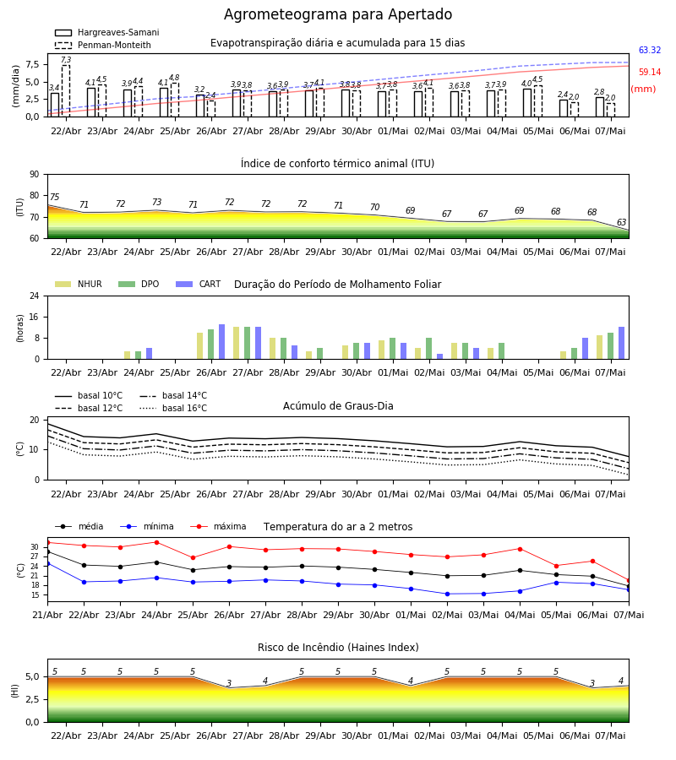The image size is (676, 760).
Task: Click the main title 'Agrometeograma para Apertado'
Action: pos(338,14)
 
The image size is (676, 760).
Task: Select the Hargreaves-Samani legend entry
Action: pos(106,32)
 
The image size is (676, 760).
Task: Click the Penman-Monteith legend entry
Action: pos(103,45)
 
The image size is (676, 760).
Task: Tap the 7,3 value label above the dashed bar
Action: pos(66,60)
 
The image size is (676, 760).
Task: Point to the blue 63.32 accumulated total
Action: pos(650,50)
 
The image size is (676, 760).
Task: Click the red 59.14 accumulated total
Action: pos(650,73)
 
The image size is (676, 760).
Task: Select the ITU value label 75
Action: pos(54,197)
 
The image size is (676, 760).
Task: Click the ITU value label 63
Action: pos(621,222)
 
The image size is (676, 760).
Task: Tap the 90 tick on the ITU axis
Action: pos(35,175)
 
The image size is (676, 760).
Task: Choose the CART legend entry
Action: pos(199,284)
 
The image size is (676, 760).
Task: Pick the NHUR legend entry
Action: pos(79,284)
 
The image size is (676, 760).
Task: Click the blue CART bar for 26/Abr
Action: pos(222,342)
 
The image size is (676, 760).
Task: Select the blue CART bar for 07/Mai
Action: pos(622,343)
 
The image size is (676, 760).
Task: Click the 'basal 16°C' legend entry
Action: pos(173,408)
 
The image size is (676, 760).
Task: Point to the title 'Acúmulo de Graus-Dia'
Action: pos(338,405)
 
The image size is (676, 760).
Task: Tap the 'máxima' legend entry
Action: pos(218,526)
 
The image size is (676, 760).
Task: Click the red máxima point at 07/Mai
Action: pos(629,580)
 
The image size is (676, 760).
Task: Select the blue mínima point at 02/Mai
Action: pos(447,594)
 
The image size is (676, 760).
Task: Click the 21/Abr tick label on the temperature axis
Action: pos(47,615)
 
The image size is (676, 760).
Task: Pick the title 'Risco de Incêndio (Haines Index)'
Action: pos(338,647)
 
